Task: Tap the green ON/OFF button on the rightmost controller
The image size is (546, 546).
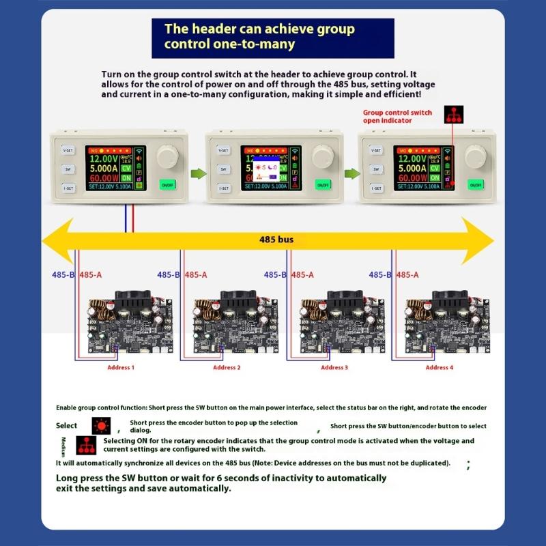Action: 476,184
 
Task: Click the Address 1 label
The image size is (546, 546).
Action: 121,368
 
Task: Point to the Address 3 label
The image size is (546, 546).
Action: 333,368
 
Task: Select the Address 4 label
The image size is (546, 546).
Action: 439,368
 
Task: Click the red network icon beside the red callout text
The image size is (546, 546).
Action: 453,115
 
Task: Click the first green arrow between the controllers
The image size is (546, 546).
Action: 196,173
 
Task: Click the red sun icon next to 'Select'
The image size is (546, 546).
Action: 101,426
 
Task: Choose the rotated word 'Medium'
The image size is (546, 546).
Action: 64,447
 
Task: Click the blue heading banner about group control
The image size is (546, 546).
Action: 272,38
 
